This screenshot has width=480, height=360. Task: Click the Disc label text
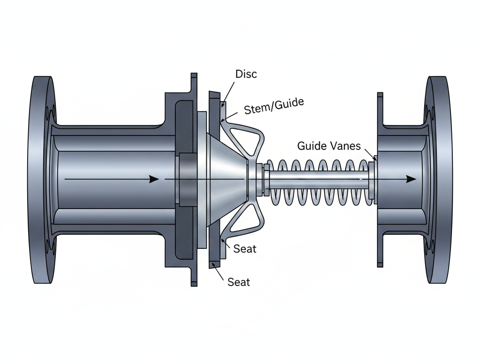[x=246, y=74]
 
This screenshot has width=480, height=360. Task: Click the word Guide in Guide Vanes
[x=312, y=146]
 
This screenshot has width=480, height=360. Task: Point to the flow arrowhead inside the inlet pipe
[x=153, y=179]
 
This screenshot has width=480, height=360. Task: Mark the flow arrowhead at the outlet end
[x=411, y=179]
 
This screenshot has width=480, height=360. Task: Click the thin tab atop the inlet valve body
[x=194, y=82]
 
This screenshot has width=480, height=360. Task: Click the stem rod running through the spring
[x=319, y=179]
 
